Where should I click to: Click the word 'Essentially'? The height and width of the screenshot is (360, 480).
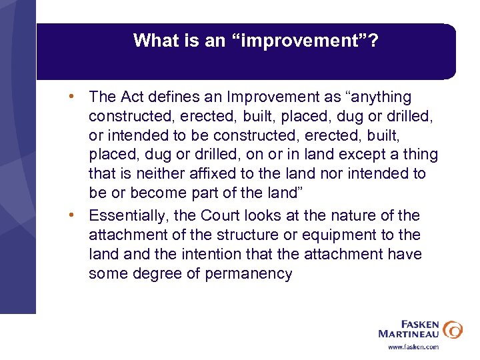coord(128,215)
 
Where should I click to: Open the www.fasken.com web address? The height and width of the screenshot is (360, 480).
coord(413,347)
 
